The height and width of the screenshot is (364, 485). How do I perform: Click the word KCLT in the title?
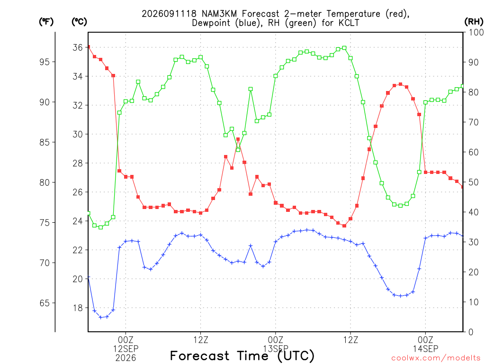[x=349, y=23]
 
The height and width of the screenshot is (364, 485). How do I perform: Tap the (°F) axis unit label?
[x=46, y=22]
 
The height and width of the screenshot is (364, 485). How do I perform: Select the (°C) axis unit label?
[x=79, y=22]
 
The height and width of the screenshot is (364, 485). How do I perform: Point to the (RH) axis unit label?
[x=474, y=22]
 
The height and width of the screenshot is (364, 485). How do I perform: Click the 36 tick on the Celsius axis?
[x=78, y=47]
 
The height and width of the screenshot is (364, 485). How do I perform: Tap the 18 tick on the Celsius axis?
[x=78, y=308]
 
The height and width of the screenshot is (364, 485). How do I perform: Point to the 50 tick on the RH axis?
[x=474, y=182]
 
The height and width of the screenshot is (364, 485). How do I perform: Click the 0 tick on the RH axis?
[x=471, y=332]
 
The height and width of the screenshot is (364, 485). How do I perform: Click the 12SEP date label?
[x=126, y=349]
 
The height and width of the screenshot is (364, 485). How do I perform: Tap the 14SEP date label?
[x=426, y=349]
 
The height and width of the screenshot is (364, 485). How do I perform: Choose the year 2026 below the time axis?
[x=126, y=358]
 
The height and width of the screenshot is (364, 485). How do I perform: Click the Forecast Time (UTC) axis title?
[x=242, y=356]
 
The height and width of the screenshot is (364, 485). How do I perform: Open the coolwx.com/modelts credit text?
[x=436, y=358]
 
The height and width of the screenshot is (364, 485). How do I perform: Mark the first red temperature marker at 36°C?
[x=89, y=47]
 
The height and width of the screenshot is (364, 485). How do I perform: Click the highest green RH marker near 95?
[x=344, y=48]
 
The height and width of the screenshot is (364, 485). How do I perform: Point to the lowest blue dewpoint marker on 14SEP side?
[x=401, y=296]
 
